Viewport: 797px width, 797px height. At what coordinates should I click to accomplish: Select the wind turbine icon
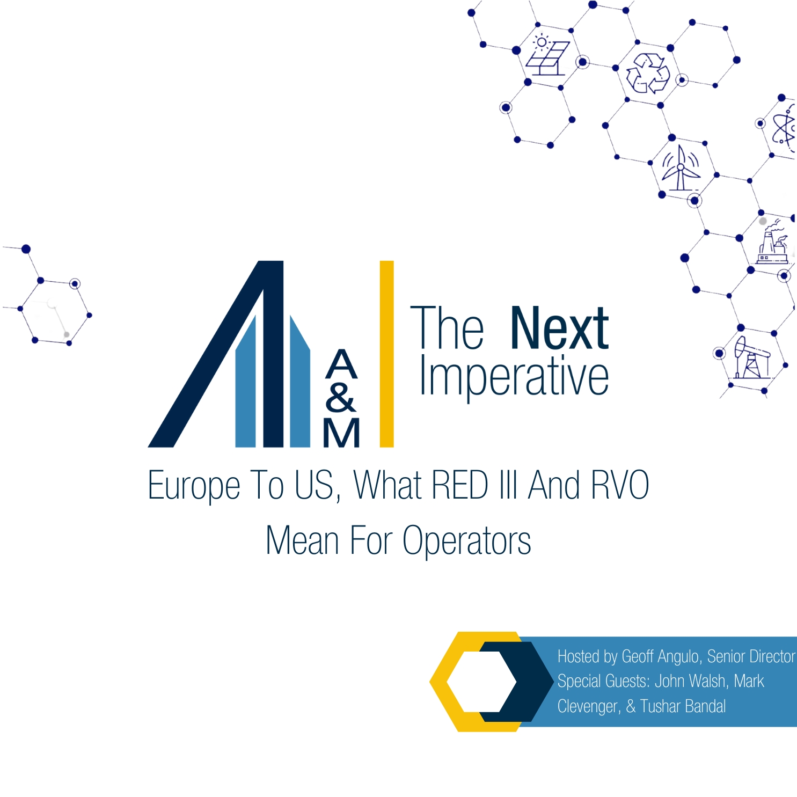click(x=680, y=169)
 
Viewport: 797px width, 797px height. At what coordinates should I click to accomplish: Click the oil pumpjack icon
click(x=751, y=357)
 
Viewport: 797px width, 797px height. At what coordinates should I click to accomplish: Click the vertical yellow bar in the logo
click(x=386, y=354)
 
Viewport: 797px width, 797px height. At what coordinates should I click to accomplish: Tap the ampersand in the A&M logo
click(x=340, y=398)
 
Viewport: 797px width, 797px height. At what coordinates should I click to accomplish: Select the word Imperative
click(x=514, y=377)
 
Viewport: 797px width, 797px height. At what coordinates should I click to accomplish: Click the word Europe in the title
click(x=194, y=486)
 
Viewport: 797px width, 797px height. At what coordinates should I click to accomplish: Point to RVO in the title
click(x=620, y=485)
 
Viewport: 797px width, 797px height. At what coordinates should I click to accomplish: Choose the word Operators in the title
click(x=466, y=541)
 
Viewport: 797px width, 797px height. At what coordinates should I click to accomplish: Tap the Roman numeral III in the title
click(x=507, y=485)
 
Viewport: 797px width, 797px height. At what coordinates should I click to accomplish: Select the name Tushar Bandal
click(x=683, y=706)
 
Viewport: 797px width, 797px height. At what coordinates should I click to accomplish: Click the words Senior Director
click(x=751, y=656)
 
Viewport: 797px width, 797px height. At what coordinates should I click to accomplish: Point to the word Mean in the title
click(x=302, y=541)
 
